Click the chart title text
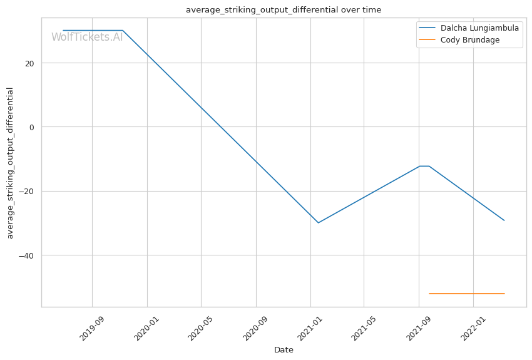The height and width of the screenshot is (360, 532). [283, 10]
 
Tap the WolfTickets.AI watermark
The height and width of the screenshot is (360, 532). [87, 37]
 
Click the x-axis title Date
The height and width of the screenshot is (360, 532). [284, 350]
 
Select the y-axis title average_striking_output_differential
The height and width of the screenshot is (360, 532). [10, 163]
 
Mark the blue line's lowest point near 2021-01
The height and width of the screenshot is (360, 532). [318, 223]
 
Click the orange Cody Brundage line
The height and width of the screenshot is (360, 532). [466, 294]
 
